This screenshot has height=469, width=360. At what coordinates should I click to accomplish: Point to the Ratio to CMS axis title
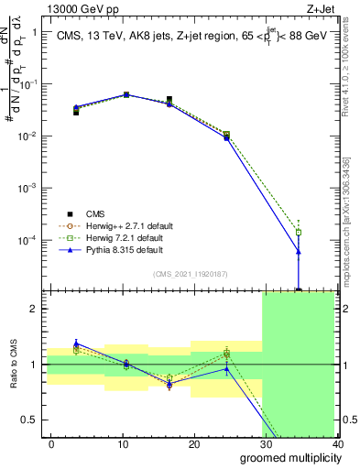[14, 364]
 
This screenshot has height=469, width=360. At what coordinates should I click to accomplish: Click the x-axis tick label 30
[265, 444]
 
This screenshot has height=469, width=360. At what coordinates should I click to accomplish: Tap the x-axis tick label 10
[123, 444]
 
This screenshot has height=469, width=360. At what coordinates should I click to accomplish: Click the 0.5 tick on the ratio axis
[33, 420]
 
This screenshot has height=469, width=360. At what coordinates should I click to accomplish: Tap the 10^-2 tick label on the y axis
[31, 136]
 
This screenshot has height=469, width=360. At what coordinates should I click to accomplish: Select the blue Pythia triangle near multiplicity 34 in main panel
[299, 251]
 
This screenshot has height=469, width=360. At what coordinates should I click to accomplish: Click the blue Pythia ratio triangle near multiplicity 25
[227, 369]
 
